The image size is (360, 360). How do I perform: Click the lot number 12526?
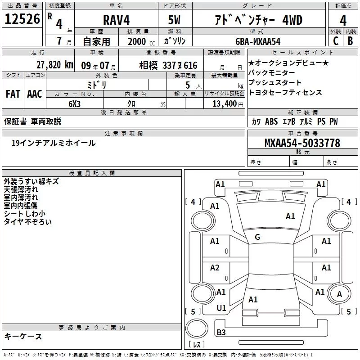tap(22, 19)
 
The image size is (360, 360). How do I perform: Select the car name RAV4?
tap(115, 20)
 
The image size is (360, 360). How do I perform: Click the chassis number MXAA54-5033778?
tap(302, 143)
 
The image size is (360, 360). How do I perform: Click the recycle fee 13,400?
tap(221, 103)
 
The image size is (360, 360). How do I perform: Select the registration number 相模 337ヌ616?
tap(168, 66)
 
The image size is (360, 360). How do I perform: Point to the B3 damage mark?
tap(221, 333)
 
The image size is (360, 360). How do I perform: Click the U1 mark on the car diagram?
tap(221, 308)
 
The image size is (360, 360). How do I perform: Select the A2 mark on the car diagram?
tap(215, 268)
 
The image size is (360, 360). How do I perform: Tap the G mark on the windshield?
tap(257, 237)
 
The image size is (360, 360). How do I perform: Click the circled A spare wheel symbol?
tap(339, 294)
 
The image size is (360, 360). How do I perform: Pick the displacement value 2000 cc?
tap(137, 41)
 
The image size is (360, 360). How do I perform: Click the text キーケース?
tap(23, 336)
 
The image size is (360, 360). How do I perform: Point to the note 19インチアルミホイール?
tap(53, 143)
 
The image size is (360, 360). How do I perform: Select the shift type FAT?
tap(13, 94)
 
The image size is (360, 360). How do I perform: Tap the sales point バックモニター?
tap(272, 73)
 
